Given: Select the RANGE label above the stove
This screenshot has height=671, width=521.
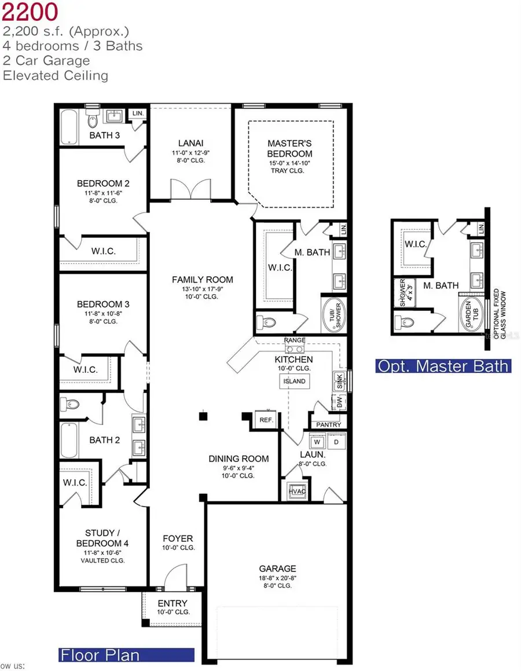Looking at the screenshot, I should click(295, 340).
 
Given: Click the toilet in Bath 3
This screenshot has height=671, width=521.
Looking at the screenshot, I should click(93, 123).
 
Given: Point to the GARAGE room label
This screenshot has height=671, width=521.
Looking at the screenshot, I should click(277, 569).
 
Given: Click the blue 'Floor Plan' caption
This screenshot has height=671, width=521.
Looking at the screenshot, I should click(100, 655).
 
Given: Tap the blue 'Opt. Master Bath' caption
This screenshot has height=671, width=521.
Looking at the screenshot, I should click(443, 366).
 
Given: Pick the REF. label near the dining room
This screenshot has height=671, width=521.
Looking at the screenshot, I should click(266, 420).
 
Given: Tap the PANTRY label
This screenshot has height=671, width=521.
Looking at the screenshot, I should click(328, 424).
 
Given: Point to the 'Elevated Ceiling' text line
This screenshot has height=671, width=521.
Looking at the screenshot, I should click(56, 75).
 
